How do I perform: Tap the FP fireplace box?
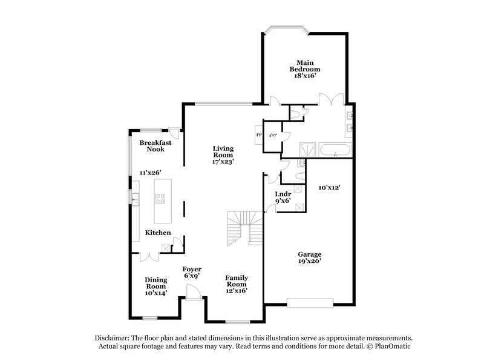259,134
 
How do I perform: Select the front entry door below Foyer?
194,293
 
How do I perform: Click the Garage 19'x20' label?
309,257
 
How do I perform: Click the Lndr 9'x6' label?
283,197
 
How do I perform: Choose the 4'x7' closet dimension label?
273,135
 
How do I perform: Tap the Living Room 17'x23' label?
223,155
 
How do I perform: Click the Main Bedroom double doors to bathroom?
332,99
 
